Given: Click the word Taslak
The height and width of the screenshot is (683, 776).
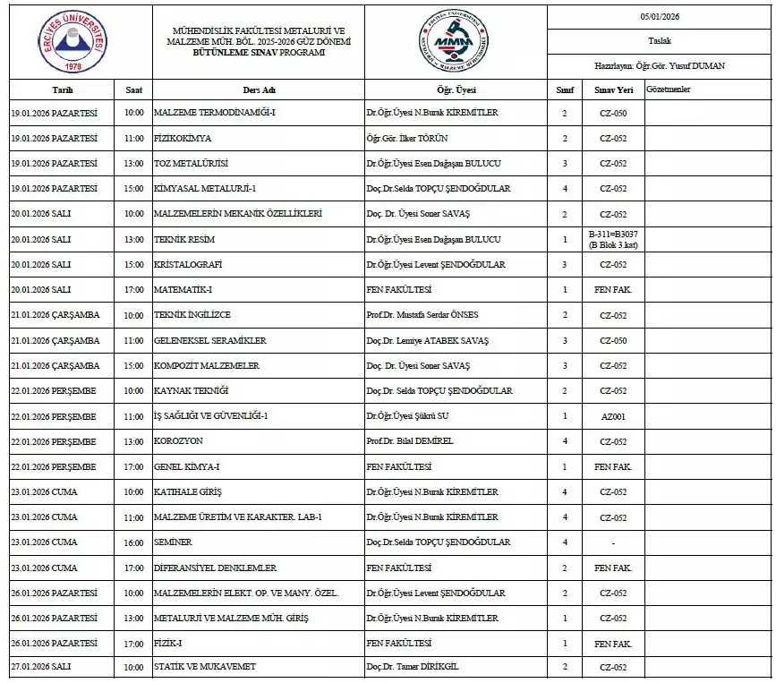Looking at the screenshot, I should click(x=660, y=41).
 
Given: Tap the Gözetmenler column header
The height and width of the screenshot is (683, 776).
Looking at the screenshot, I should click(x=668, y=90).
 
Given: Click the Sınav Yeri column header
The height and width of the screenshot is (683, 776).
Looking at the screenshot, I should click(x=613, y=90).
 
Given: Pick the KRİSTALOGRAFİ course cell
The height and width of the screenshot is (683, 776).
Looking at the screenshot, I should click(x=188, y=265).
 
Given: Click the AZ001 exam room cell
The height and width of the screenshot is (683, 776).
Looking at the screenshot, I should click(x=613, y=416).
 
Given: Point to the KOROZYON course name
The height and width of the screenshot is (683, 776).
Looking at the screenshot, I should click(x=178, y=441).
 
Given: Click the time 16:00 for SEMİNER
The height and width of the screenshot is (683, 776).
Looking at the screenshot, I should click(x=133, y=542).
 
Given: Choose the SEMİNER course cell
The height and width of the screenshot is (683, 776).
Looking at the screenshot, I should click(x=173, y=542).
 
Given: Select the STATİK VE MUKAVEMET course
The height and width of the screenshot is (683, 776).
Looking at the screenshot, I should click(x=205, y=667).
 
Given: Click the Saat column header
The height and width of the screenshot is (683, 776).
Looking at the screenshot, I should click(x=133, y=90).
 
